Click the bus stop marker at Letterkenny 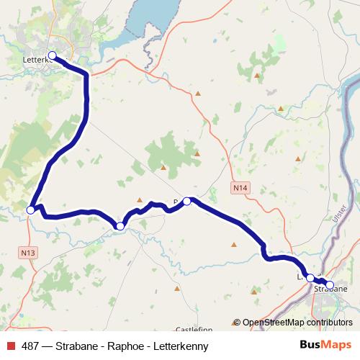coord(52,55)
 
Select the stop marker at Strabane coord(330,285)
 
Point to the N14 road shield coord(240,188)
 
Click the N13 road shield coord(28,252)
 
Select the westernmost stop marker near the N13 coord(31,210)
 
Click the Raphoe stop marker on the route coord(186,201)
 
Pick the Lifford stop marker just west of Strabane coord(310,277)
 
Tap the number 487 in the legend coord(31,346)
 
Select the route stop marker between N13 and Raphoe coord(120,226)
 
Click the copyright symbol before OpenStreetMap coord(237,323)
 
